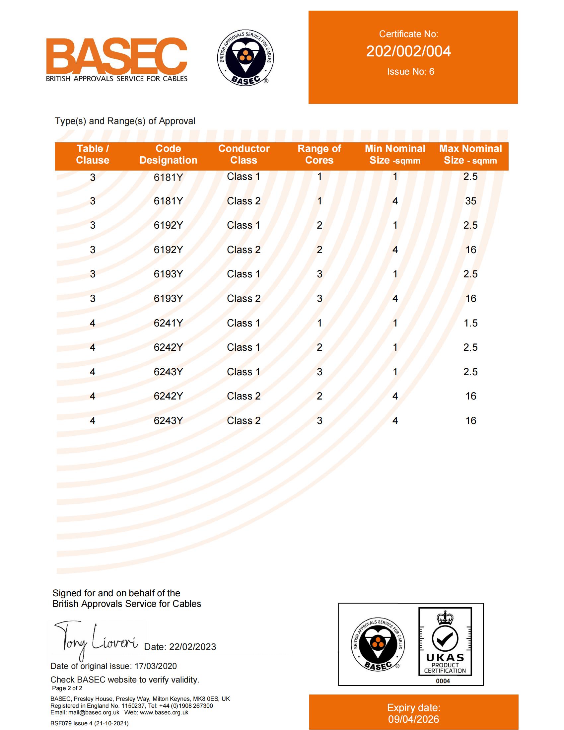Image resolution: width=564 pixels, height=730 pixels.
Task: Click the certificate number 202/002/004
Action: pos(408,51)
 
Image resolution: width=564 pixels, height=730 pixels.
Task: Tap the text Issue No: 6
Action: pos(410,72)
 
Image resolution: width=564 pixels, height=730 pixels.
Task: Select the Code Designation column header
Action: pos(168,154)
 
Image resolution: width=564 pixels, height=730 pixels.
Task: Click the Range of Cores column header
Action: pos(319,154)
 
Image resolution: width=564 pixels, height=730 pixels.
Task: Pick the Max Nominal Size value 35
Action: pos(470,201)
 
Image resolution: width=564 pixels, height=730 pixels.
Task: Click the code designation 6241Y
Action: pos(168,323)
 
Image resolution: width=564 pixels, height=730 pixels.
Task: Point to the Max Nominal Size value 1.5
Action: pos(470,323)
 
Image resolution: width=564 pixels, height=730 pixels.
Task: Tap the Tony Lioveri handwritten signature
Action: pos(95,640)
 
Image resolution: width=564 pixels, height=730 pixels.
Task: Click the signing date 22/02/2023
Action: pos(192,647)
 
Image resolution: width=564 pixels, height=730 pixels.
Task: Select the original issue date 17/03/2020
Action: pos(155,666)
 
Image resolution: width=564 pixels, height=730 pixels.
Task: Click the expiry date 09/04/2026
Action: pos(414,719)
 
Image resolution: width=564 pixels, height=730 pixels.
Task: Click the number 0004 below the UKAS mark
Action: pos(443,681)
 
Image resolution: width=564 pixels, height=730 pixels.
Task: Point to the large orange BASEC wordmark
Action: pos(116,56)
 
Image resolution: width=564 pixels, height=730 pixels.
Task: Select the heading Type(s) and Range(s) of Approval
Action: pos(125,121)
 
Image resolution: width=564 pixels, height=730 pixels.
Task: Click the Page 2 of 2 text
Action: pos(67,688)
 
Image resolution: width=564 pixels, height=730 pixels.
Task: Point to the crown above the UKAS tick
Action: pos(445,618)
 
